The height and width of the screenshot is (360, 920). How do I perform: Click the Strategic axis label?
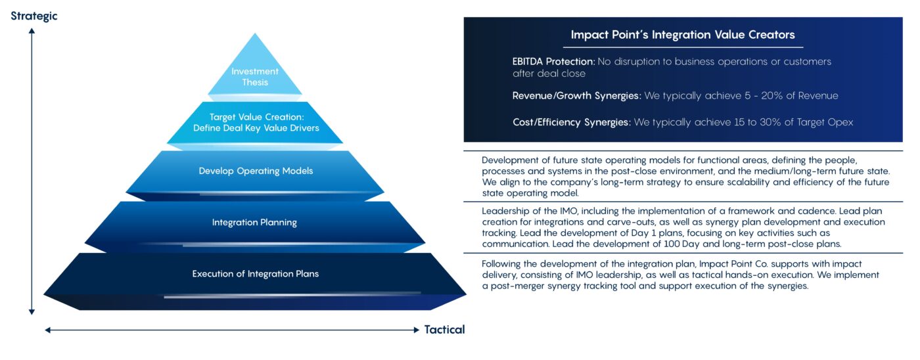click(34, 16)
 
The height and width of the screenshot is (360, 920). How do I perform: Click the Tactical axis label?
click(444, 329)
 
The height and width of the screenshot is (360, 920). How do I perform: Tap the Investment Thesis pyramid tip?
click(254, 76)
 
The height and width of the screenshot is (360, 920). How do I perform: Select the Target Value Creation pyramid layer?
click(256, 122)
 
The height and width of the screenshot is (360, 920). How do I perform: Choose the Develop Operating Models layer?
click(256, 171)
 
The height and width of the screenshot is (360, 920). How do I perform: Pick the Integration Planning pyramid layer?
click(254, 222)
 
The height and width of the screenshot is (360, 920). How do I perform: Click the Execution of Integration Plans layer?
click(255, 273)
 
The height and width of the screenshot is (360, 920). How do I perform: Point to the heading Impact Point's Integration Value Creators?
click(683, 34)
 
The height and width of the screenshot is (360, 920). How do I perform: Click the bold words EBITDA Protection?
click(553, 61)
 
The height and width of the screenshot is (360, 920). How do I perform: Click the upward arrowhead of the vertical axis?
click(32, 30)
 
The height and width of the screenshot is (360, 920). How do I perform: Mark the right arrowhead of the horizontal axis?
click(416, 330)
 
